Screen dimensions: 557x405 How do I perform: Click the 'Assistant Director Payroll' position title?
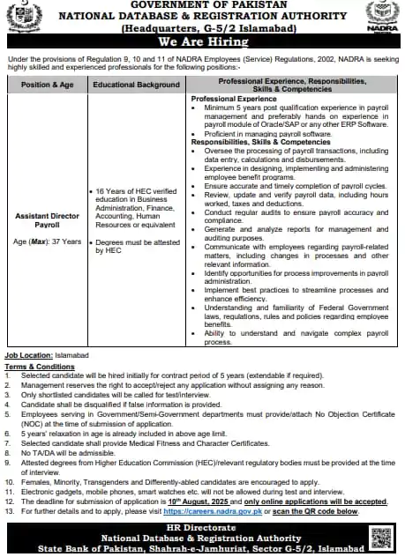(x=47, y=219)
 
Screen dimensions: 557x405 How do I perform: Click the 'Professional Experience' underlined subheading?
(x=231, y=100)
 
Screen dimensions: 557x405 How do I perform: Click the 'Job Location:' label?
(x=28, y=353)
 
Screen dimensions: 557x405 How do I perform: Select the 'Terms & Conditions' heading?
(x=38, y=366)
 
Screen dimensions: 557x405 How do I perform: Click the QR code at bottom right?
(x=380, y=537)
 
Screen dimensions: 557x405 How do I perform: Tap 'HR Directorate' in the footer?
(x=202, y=527)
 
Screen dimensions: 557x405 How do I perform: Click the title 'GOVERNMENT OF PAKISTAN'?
(x=202, y=5)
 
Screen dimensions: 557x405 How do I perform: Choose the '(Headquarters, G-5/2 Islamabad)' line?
(x=202, y=27)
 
